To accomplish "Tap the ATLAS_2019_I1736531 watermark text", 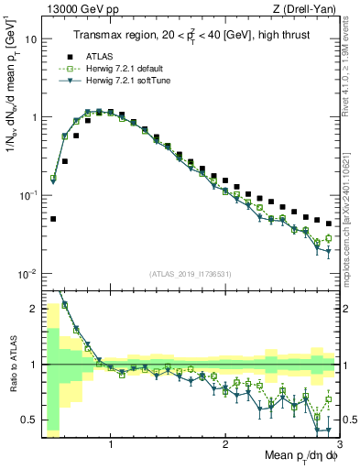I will [191, 274].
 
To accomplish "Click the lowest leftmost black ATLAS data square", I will [53, 219].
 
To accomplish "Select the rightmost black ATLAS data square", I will [329, 224].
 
